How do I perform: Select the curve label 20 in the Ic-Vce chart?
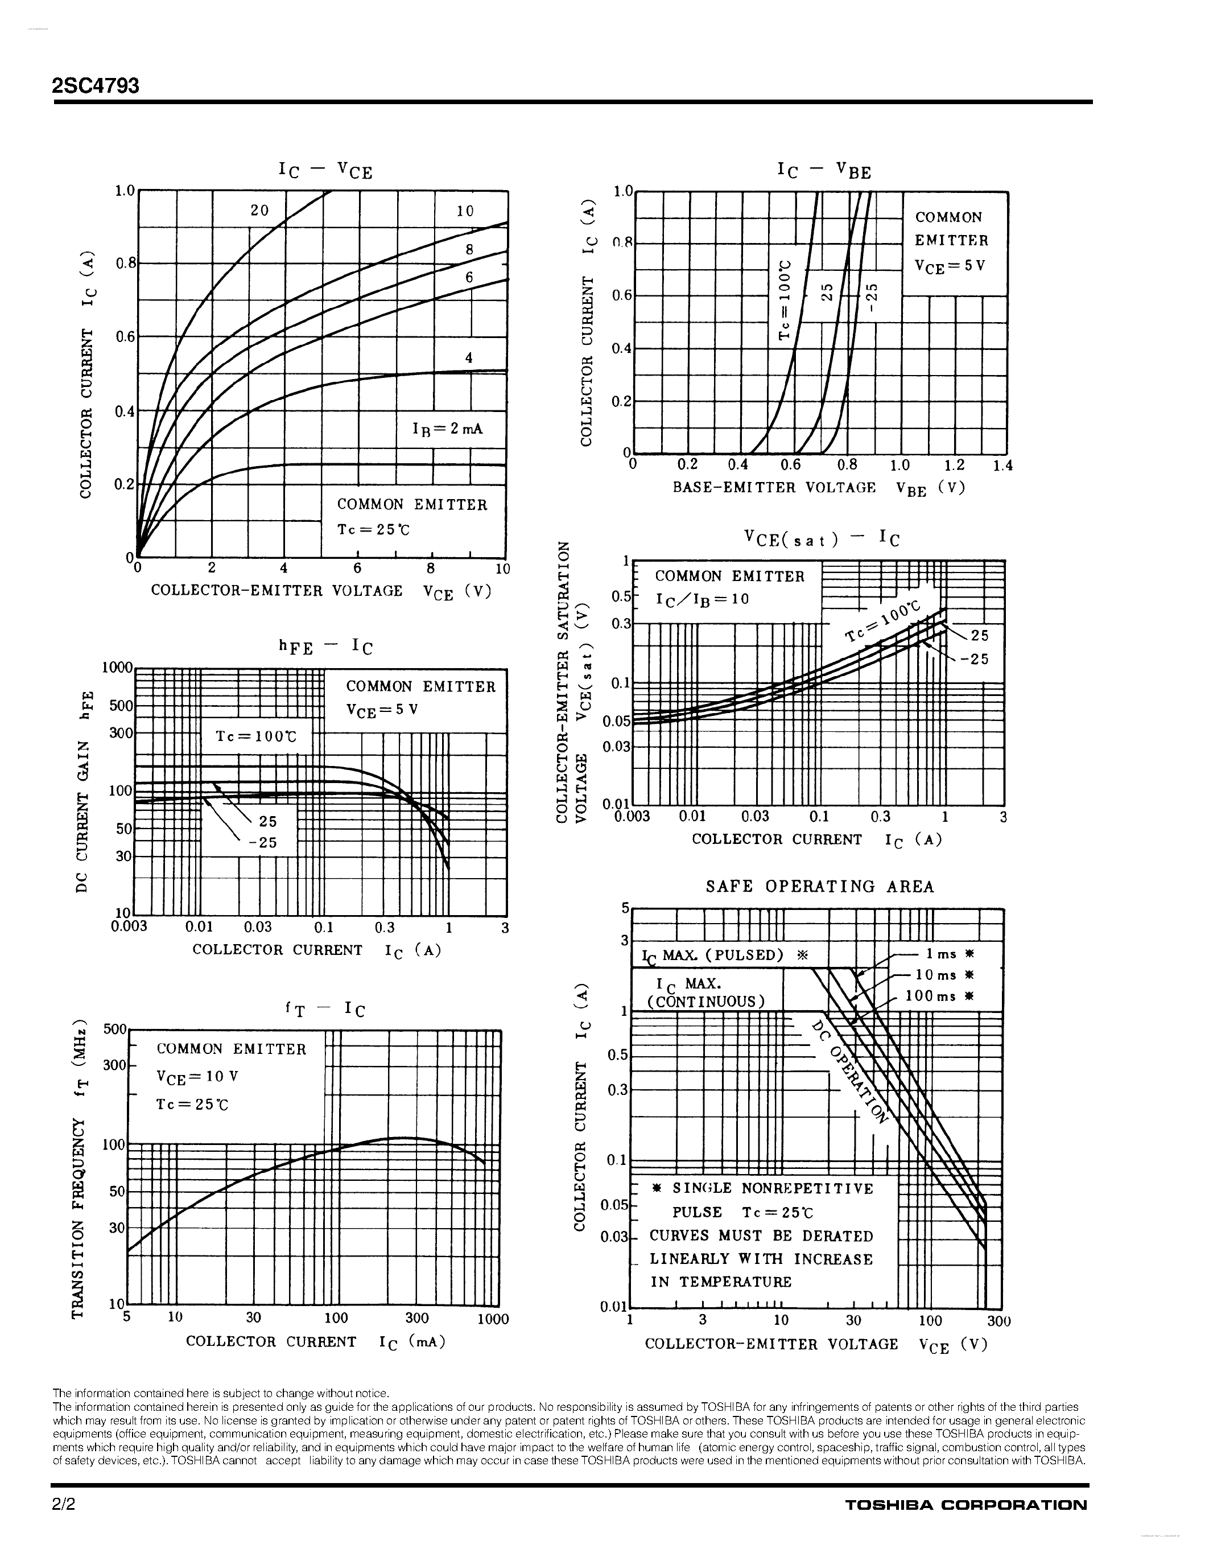click(259, 210)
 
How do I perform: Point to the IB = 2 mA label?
click(447, 429)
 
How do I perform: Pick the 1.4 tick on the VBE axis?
click(1002, 466)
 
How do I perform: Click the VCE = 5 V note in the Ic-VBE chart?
click(950, 265)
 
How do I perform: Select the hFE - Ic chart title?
click(325, 647)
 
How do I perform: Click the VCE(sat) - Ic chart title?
click(821, 538)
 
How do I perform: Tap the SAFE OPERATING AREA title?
click(820, 887)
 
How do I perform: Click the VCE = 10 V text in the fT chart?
click(197, 1077)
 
